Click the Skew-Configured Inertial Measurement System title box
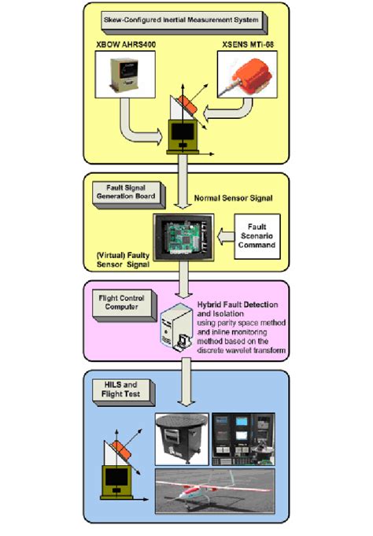click(x=186, y=17)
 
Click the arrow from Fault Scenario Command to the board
click(x=223, y=234)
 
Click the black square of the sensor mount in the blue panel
click(x=120, y=480)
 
